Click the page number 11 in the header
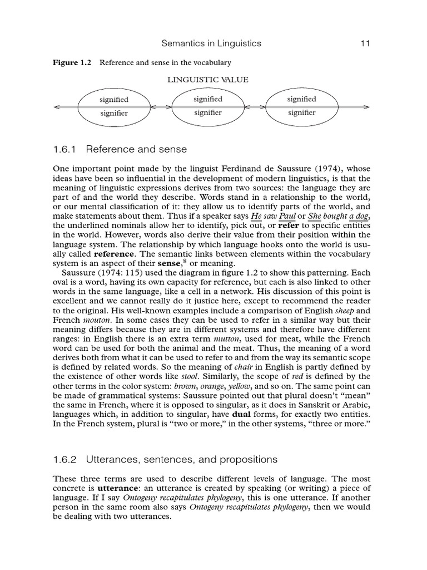click(x=365, y=43)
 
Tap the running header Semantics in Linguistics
click(x=211, y=43)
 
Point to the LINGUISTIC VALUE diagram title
click(x=208, y=80)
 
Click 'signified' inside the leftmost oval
click(x=113, y=100)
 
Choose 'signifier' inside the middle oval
click(x=208, y=113)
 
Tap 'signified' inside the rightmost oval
click(x=301, y=99)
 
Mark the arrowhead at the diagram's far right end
click(x=366, y=106)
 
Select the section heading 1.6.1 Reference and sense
click(x=120, y=149)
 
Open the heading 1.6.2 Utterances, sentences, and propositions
click(x=165, y=459)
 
